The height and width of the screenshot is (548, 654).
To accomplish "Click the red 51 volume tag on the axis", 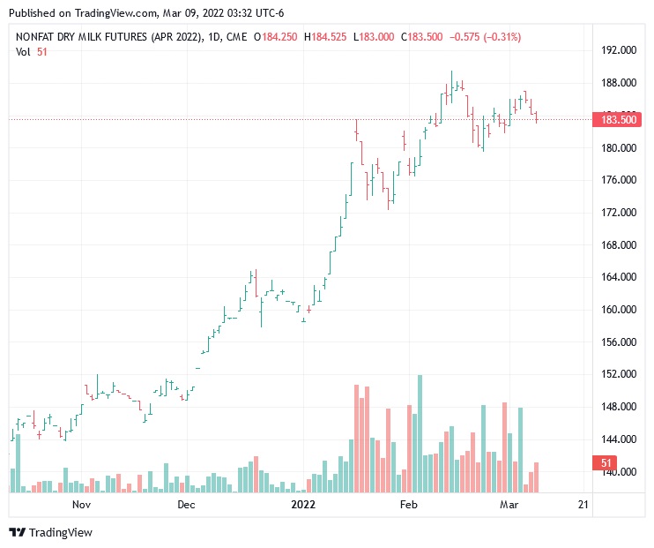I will (x=606, y=463).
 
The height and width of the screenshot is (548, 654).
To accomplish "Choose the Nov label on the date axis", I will (x=82, y=505).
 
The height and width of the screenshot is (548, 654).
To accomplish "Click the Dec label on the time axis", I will (x=185, y=505).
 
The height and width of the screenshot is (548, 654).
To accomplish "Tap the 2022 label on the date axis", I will (x=302, y=505).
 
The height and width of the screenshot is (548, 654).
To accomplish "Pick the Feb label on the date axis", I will (x=408, y=505).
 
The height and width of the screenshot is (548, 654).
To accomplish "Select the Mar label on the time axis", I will (x=509, y=505).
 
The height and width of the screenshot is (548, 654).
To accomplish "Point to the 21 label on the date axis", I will (x=583, y=505).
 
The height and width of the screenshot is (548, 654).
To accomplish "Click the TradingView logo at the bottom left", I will (x=51, y=532).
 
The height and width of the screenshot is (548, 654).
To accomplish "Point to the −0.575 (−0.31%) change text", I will (x=485, y=37).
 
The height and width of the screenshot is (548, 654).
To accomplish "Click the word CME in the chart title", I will (x=235, y=37).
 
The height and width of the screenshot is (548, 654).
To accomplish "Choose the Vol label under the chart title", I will (x=24, y=52).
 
